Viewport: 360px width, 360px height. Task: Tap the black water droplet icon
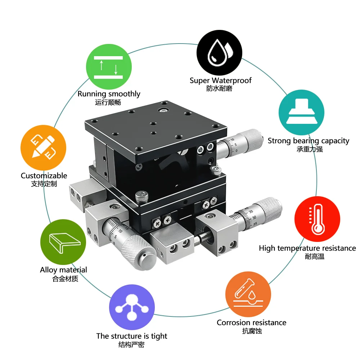tap(219, 53)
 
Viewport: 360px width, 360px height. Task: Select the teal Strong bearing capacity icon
tap(301, 112)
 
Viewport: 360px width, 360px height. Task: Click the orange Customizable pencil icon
tap(43, 148)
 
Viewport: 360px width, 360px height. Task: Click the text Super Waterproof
tap(220, 80)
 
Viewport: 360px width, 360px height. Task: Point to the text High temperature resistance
tap(307, 248)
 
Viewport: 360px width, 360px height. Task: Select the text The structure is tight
tap(132, 336)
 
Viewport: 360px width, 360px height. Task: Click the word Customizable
tap(44, 176)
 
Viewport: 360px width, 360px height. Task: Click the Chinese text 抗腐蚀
tap(252, 331)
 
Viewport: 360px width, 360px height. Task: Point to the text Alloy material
tap(63, 270)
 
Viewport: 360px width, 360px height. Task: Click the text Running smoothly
tap(109, 94)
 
